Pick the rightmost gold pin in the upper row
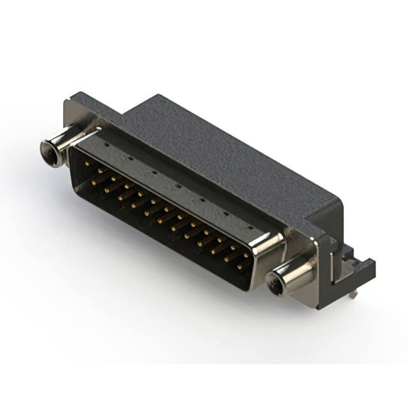(x=246, y=255)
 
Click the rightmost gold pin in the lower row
(x=240, y=266)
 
